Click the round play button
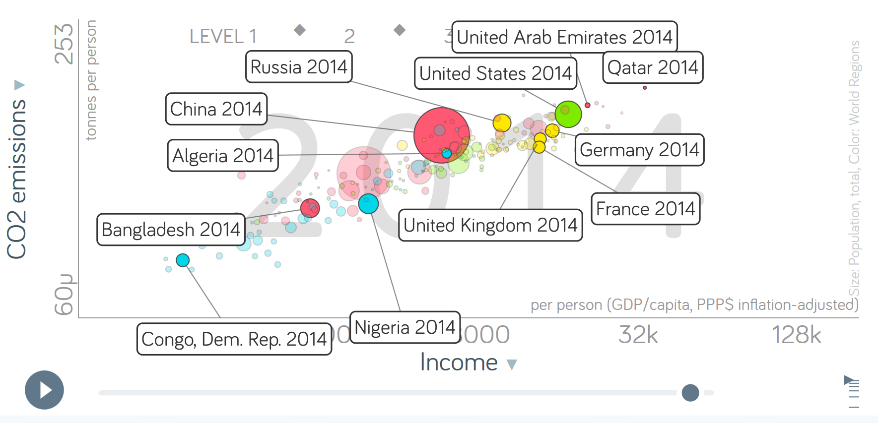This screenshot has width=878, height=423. (44, 390)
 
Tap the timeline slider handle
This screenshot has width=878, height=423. (690, 393)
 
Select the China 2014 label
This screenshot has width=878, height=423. (216, 109)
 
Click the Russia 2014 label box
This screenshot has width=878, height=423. (299, 67)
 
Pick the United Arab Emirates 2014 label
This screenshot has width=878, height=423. (564, 37)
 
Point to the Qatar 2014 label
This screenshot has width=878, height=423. (653, 67)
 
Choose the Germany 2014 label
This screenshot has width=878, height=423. (639, 150)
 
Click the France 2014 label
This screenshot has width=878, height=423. (645, 209)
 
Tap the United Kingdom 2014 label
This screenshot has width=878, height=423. (490, 225)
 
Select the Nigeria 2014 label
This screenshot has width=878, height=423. (405, 327)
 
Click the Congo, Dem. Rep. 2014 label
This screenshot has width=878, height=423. (234, 339)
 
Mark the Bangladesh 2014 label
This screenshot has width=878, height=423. (171, 230)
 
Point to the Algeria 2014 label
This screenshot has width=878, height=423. (223, 156)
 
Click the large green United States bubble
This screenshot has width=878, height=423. (568, 114)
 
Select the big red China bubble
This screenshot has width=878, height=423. (441, 135)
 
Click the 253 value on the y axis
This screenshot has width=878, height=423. (64, 44)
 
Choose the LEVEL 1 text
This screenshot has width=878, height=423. (223, 36)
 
